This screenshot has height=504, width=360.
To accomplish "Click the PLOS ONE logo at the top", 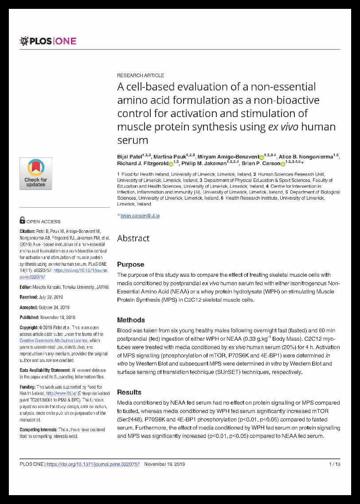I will coord(48,41).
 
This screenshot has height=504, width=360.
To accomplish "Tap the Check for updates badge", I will coord(35,173).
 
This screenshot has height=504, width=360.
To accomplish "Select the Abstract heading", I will coord(133,238).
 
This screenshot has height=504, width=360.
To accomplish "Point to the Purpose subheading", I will coord(130,264).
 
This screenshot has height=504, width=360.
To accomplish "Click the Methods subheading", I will coord(131,320).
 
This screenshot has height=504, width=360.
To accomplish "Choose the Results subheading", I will coord(129,392).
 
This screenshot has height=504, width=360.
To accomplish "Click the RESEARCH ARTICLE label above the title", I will coord(141,75).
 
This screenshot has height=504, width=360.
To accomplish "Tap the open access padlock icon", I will coord(23,220).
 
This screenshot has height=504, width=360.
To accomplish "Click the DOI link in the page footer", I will coord(93,464).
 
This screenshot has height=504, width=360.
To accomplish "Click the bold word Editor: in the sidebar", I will coord(27,287).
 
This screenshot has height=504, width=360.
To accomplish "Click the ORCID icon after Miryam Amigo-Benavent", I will coord(261,157).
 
